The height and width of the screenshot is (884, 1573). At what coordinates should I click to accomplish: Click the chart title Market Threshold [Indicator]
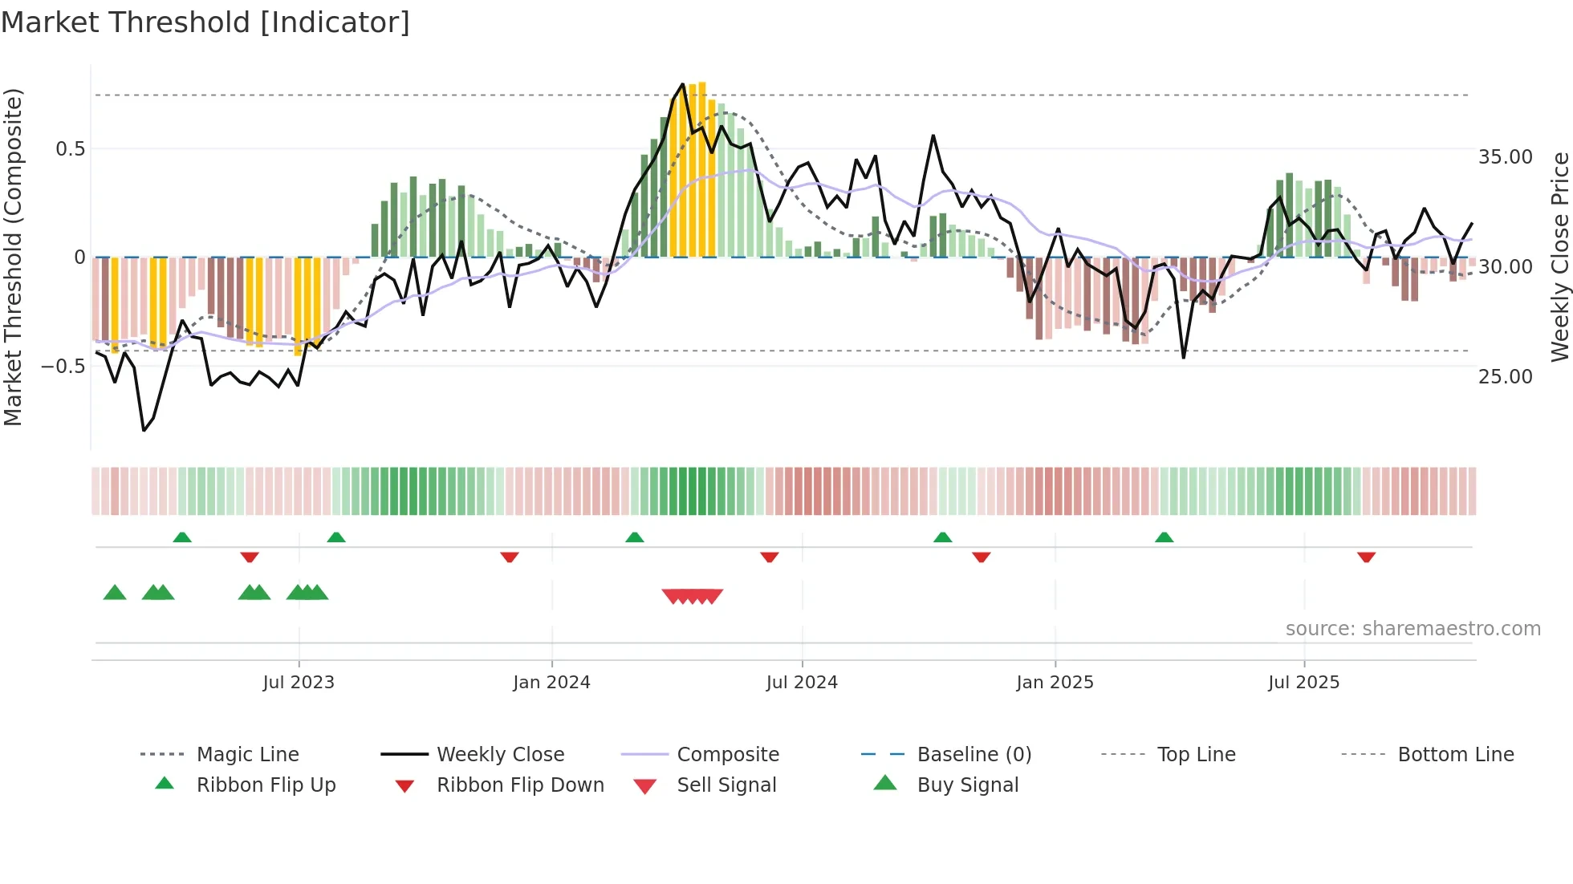coord(205,22)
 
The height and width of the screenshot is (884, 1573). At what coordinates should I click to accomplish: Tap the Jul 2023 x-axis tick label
coord(299,683)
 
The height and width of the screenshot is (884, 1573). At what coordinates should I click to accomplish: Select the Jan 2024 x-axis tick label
coord(551,683)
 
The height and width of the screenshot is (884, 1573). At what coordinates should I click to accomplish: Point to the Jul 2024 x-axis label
coord(802,683)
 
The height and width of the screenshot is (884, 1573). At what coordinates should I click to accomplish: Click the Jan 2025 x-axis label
coord(1055,683)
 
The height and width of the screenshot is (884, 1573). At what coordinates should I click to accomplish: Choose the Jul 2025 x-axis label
coord(1304,683)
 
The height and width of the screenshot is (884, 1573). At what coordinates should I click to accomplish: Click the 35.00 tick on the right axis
coord(1505,157)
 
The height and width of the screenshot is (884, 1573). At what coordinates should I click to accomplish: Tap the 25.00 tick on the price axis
coord(1505,376)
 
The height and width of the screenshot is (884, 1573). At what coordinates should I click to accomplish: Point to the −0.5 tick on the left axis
coord(63,367)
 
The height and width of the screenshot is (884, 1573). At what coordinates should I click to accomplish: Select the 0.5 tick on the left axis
coord(70,149)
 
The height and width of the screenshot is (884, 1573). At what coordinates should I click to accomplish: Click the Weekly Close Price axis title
coord(1559,257)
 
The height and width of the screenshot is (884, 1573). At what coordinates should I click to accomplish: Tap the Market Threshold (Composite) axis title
coord(13,257)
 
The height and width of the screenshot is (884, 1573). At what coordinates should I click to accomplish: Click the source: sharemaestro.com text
coord(1412,629)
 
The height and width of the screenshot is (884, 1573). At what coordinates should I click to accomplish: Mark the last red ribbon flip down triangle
coord(1367,557)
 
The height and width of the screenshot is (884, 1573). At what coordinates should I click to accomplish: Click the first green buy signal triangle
coord(115,593)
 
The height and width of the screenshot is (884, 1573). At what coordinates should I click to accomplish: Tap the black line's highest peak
coord(683,84)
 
